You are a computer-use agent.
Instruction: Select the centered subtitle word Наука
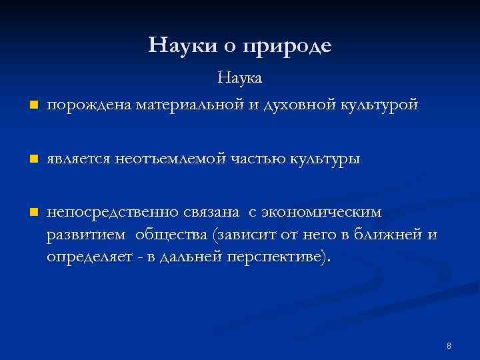coord(240,78)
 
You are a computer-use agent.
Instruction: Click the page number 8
coord(449,345)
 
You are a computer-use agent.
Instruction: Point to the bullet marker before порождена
coord(31,105)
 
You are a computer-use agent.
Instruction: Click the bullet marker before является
coord(31,159)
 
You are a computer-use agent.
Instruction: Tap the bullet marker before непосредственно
coord(31,213)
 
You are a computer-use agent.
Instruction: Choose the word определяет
coord(89,257)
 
